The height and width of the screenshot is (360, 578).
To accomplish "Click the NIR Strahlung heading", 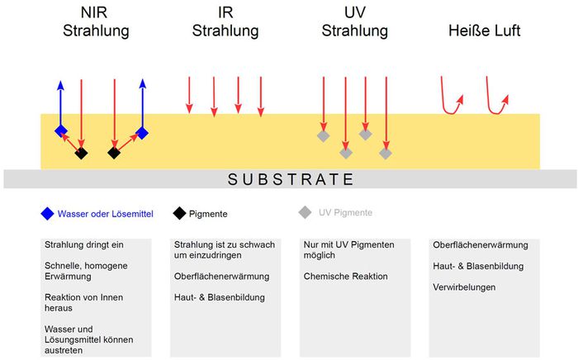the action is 96,21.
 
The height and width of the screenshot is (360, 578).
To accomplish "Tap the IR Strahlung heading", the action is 225,21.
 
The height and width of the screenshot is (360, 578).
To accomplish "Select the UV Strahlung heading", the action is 354,21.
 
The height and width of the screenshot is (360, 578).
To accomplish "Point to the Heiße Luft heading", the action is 485,31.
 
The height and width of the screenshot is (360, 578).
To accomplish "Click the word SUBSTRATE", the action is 291,179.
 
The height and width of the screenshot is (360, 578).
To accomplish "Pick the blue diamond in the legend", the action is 48,214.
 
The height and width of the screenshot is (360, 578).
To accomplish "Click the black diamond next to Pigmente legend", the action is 179,213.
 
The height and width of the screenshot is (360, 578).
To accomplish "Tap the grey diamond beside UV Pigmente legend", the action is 306,212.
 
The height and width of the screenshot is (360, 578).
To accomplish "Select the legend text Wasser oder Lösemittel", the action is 106,214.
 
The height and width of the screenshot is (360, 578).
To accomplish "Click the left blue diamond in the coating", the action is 61,130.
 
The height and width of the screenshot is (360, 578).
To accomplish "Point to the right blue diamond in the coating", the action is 142,133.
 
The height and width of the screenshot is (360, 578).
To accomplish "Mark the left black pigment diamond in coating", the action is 82,153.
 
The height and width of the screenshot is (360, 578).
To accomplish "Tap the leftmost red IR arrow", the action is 189,95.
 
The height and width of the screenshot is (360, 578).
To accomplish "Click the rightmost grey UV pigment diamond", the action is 386,154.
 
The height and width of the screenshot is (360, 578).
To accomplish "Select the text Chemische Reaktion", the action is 346,277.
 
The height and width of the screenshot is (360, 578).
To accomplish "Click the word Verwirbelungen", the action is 464,287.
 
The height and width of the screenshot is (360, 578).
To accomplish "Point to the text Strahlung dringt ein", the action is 84,245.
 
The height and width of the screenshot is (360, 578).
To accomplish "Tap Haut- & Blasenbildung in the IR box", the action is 220,297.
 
